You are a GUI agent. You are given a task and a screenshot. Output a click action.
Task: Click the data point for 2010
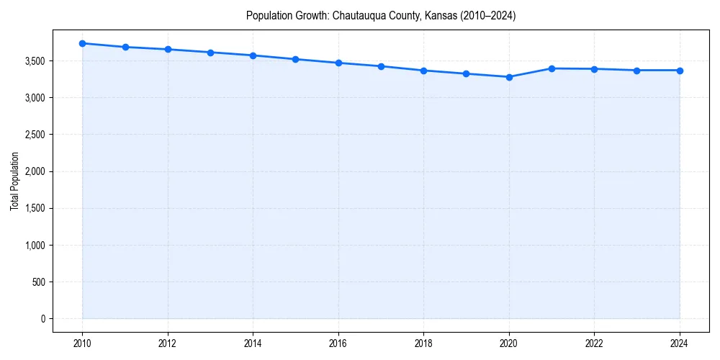point(83,43)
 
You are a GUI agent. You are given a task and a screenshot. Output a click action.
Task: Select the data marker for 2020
point(509,77)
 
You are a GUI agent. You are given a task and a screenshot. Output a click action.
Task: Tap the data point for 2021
point(552,68)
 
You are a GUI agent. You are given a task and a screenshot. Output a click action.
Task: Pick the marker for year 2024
point(680,71)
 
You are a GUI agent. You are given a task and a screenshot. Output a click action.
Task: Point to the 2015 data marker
point(296,59)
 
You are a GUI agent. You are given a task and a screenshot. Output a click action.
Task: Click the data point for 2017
point(381,66)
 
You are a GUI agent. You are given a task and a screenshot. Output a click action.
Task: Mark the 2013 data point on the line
point(210,53)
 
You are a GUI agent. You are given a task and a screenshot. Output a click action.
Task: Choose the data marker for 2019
point(467,73)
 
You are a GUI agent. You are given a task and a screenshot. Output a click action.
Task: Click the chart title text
point(381,15)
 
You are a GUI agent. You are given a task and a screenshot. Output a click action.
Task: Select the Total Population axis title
point(14,181)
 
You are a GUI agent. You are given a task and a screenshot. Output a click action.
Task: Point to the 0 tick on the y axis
point(42,319)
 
